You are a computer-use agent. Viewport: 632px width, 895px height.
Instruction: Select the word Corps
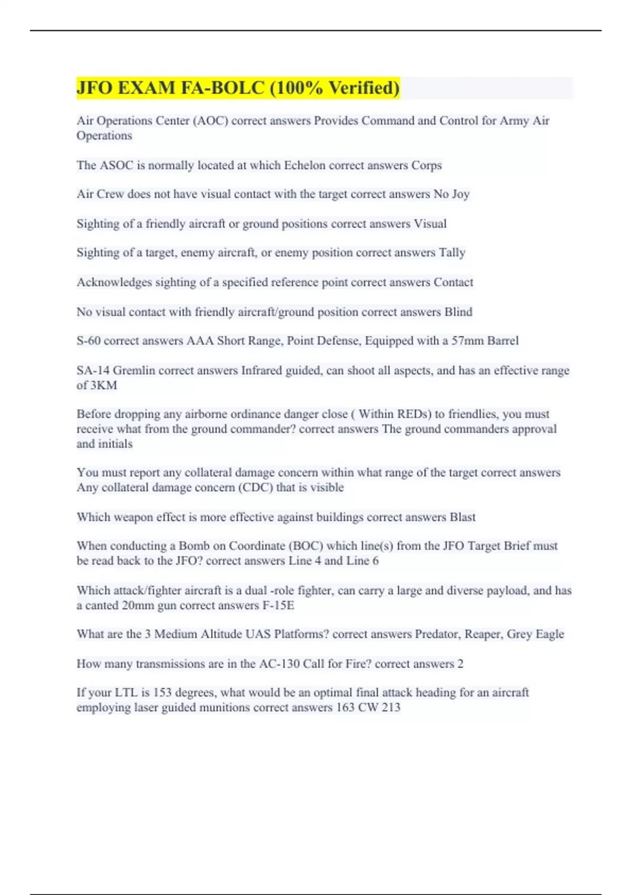tap(427, 165)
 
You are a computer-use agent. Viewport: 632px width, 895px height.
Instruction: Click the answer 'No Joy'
tap(451, 194)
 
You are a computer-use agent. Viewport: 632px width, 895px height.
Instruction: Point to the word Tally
tap(452, 253)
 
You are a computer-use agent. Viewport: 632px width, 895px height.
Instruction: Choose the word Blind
tap(458, 312)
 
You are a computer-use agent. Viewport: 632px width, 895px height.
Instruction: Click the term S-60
tap(88, 341)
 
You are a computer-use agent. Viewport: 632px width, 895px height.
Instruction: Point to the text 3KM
tap(104, 385)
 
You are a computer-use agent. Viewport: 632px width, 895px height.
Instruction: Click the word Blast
tap(462, 517)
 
